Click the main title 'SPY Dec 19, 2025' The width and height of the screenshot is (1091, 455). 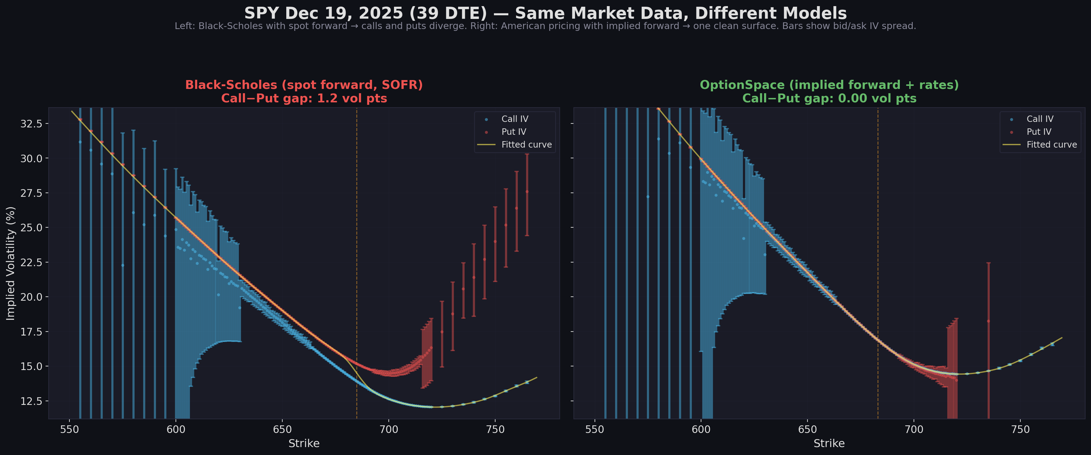(x=545, y=13)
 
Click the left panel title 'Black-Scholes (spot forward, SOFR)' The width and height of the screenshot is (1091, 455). (x=304, y=85)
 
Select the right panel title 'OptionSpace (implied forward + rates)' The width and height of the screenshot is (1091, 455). (x=829, y=85)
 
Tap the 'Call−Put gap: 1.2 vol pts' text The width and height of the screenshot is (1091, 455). (x=304, y=99)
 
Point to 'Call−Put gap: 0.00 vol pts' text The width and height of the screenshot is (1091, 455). (x=829, y=99)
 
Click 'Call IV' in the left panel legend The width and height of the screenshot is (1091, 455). (x=514, y=119)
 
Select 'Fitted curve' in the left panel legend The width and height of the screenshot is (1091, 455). (x=526, y=145)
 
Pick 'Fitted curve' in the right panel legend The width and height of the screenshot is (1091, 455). (x=1051, y=145)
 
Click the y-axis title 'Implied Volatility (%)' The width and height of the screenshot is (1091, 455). (x=11, y=263)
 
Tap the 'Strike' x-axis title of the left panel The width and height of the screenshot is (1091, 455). (x=304, y=443)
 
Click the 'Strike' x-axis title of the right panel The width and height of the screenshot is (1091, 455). (x=829, y=443)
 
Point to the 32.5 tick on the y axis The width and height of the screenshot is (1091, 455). (x=31, y=123)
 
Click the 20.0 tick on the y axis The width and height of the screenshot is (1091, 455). (x=31, y=297)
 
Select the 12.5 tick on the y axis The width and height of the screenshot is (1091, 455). (x=31, y=401)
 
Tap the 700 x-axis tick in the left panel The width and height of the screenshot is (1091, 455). (x=389, y=429)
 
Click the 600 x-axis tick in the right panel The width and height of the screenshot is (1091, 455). (x=701, y=429)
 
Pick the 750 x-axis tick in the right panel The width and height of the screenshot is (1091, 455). (x=1020, y=429)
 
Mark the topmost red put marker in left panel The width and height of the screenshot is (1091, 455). (x=527, y=191)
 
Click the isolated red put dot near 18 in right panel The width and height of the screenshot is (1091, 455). (x=988, y=321)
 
